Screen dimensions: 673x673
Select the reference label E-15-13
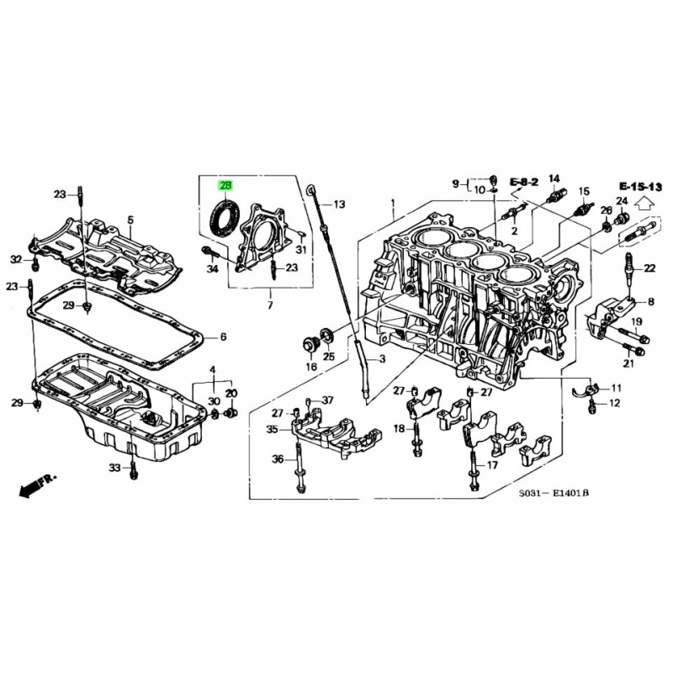[x=641, y=186]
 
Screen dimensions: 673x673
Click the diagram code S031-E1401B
[x=554, y=493]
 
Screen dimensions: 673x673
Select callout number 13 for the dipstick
[x=339, y=204]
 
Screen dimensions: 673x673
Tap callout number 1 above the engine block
[x=392, y=204]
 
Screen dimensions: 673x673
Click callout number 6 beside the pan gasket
[x=224, y=337]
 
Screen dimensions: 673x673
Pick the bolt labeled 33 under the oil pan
[x=133, y=471]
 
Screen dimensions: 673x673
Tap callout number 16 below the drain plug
[x=311, y=367]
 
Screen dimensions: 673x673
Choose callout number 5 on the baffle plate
[x=130, y=220]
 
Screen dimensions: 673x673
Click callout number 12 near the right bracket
[x=614, y=404]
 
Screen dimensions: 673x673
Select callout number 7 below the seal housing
[x=270, y=304]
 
